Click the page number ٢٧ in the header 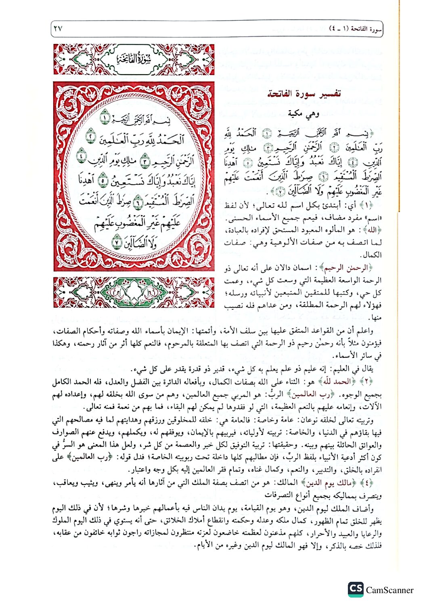pyautogui.click(x=58, y=29)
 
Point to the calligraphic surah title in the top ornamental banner pyautogui.click(x=134, y=59)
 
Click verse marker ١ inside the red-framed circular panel pyautogui.click(x=105, y=118)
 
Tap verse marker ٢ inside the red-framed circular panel pyautogui.click(x=92, y=137)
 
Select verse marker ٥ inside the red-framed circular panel pyautogui.click(x=103, y=180)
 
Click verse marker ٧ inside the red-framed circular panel pyautogui.click(x=117, y=244)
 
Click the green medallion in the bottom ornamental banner pyautogui.click(x=134, y=292)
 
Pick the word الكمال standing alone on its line pyautogui.click(x=371, y=255)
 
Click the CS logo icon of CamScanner pyautogui.click(x=356, y=589)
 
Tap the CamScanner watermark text pyautogui.click(x=389, y=590)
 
